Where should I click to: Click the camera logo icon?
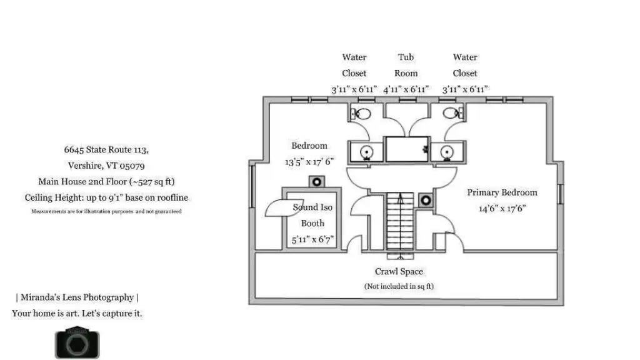(x=77, y=342)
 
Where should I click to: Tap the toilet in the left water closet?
(x=361, y=114)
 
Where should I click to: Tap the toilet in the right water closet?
(x=452, y=113)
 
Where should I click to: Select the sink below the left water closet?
(x=366, y=152)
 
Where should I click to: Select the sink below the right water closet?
(x=447, y=152)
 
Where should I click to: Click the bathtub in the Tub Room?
(x=407, y=149)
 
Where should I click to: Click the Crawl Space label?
(x=399, y=271)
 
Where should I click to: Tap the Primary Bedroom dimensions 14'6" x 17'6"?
(x=502, y=209)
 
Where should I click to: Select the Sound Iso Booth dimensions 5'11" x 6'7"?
(x=313, y=239)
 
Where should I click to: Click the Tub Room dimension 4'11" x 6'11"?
(x=406, y=89)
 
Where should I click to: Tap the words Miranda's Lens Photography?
(x=77, y=297)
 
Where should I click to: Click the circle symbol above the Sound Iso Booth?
(x=316, y=182)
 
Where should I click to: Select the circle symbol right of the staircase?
(x=426, y=201)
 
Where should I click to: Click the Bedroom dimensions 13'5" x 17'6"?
(x=309, y=162)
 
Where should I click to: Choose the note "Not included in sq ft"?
(x=399, y=286)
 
